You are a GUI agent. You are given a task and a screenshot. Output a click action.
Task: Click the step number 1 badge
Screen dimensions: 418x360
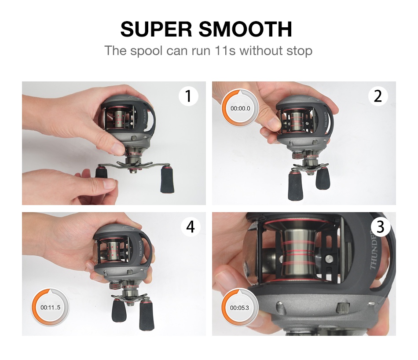(188, 96)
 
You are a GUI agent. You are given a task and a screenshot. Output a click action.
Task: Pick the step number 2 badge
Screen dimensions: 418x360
(378, 96)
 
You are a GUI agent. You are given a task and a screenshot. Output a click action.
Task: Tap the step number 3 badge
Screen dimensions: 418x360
(381, 227)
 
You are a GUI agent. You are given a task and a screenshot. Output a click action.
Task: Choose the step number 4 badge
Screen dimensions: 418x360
(191, 227)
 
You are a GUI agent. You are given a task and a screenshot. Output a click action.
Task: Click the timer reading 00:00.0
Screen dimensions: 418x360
(240, 108)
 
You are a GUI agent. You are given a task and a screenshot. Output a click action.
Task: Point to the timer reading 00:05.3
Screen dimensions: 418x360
(239, 308)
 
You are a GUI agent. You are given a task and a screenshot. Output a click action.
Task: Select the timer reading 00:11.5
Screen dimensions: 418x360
(51, 308)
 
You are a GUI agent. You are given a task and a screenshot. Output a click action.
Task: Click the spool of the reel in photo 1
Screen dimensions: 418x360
(118, 118)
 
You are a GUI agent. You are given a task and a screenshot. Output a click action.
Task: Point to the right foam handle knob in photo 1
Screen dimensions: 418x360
(167, 179)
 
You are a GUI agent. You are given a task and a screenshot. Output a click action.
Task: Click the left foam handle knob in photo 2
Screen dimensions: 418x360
(296, 184)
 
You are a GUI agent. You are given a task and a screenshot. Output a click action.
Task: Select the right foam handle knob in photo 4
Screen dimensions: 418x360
(147, 315)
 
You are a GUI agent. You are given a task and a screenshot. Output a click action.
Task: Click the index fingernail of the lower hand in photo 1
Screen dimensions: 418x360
(110, 184)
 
